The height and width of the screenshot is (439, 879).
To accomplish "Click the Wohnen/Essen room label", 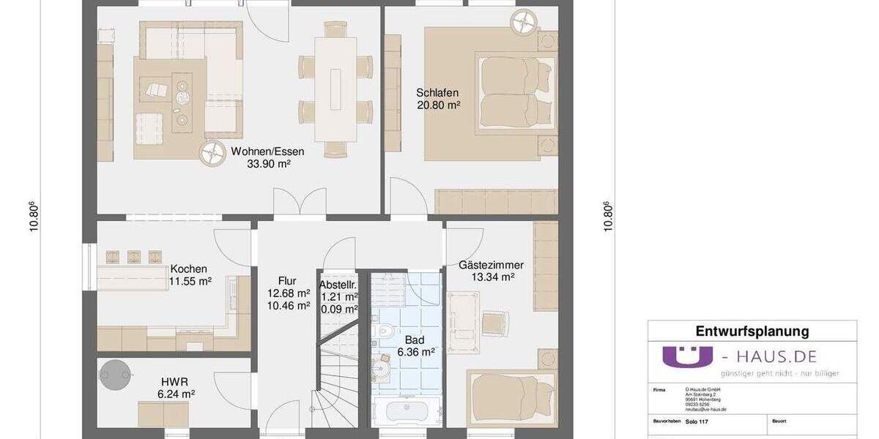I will pos(267,151).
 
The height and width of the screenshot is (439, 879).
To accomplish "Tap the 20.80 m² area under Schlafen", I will pos(437,105).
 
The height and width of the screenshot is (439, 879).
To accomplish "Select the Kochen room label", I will pos(188,269).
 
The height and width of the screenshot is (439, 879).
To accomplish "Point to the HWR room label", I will pos(176,381).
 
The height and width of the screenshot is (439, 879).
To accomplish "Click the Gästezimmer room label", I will pos(486,264).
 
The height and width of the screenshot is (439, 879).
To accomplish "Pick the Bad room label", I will pos(415,339).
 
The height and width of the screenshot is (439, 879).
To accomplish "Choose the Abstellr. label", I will pos(338,285).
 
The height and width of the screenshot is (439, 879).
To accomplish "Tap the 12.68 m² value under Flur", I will pos(287,293).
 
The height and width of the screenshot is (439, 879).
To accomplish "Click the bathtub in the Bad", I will pos(405,411).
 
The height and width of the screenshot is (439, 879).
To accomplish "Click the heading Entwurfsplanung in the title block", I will pos(752,331).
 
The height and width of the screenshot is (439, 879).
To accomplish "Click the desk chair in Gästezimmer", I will pos(495,323).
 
